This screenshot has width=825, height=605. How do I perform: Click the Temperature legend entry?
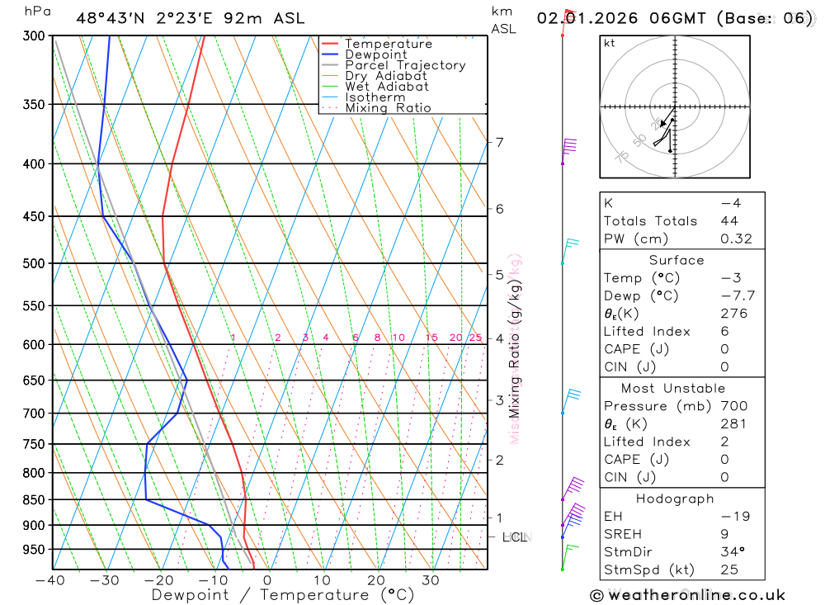(388, 44)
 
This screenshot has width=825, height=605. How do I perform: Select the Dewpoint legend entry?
(375, 54)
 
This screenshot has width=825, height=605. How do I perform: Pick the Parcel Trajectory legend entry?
(405, 65)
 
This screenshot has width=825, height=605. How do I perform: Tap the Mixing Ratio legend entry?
(388, 108)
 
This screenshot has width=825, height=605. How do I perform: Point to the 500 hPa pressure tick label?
(34, 263)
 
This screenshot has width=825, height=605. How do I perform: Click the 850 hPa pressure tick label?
(34, 499)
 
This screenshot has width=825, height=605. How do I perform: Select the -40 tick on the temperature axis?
(50, 580)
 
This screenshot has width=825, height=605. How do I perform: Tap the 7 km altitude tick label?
(499, 142)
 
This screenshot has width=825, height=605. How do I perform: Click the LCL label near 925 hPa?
(515, 538)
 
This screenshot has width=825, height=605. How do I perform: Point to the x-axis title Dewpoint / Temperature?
(282, 595)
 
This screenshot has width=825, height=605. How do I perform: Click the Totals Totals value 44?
(729, 221)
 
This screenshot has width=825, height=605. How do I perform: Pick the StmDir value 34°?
(732, 552)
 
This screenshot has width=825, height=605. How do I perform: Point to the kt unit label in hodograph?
(610, 43)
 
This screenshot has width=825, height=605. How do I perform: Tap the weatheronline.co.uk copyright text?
(688, 595)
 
